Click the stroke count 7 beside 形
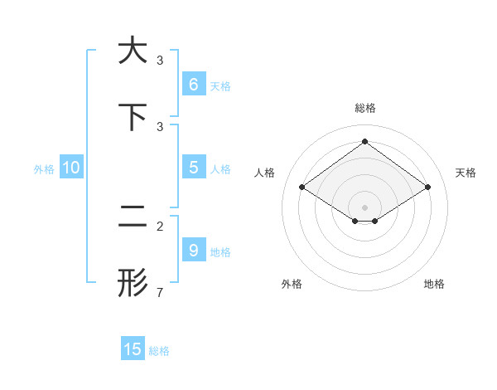pos(160,292)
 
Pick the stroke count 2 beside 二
pos(160,226)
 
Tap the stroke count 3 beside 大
pos(160,60)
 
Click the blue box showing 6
pos(193,84)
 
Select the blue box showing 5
pos(193,168)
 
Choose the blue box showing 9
pos(193,250)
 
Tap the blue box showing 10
pos(71,168)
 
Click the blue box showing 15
pos(133,349)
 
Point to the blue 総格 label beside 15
pos(159,351)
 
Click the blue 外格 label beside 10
pos(44,169)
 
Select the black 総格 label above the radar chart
pos(364,108)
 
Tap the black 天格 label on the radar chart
pos(466,173)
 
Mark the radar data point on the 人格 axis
pos(302,188)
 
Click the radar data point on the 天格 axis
pos(427,188)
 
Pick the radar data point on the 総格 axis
pos(364,142)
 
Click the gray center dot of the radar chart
pos(364,207)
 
